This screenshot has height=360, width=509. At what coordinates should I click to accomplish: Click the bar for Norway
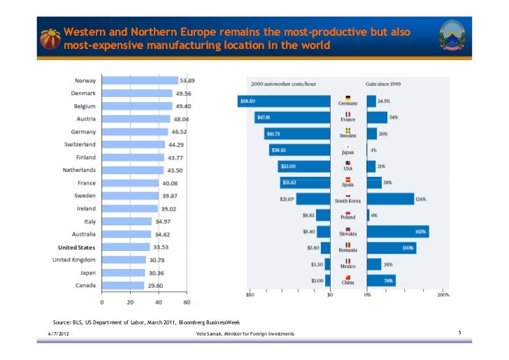(140, 80)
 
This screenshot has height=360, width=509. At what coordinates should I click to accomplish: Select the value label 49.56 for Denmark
(184, 93)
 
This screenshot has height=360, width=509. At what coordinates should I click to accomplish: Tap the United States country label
(76, 247)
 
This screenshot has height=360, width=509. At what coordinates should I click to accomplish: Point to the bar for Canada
(122, 285)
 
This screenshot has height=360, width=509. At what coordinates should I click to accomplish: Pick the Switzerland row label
(80, 144)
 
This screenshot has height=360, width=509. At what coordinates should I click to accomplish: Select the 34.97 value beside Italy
(164, 221)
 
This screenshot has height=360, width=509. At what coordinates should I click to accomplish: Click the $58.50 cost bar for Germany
(284, 101)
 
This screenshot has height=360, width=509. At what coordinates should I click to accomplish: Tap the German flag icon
(347, 97)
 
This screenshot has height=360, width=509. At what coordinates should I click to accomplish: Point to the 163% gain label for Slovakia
(420, 231)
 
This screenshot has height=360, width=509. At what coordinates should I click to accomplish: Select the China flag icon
(347, 278)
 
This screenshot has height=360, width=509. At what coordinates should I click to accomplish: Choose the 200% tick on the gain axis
(443, 294)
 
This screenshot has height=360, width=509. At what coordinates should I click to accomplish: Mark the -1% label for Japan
(374, 150)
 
